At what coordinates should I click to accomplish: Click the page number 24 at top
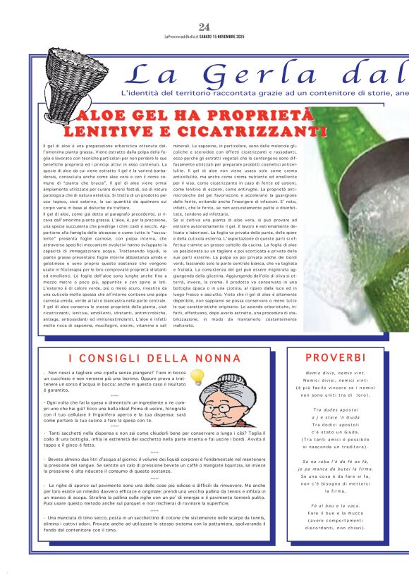(204, 27)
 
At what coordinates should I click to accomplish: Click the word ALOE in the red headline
(104, 116)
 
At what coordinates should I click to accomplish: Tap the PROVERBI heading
(335, 358)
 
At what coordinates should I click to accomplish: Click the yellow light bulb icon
(197, 377)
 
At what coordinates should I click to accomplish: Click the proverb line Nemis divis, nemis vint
(335, 373)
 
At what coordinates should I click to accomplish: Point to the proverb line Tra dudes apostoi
(335, 410)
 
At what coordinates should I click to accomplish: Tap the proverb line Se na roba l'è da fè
(335, 462)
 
